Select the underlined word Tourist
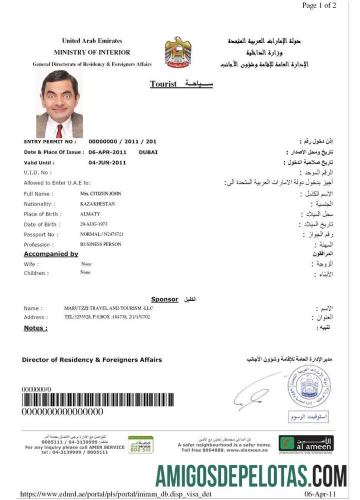163,84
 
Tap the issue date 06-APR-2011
107,152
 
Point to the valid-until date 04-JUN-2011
107,162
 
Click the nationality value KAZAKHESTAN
98,204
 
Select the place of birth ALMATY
90,214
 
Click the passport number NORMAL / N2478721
102,234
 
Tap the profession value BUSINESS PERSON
101,244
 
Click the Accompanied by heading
51,254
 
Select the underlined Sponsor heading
164,299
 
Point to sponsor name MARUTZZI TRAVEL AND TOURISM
108,308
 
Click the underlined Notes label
35,327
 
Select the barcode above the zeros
98,400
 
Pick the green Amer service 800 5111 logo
140,444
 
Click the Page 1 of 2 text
319,6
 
